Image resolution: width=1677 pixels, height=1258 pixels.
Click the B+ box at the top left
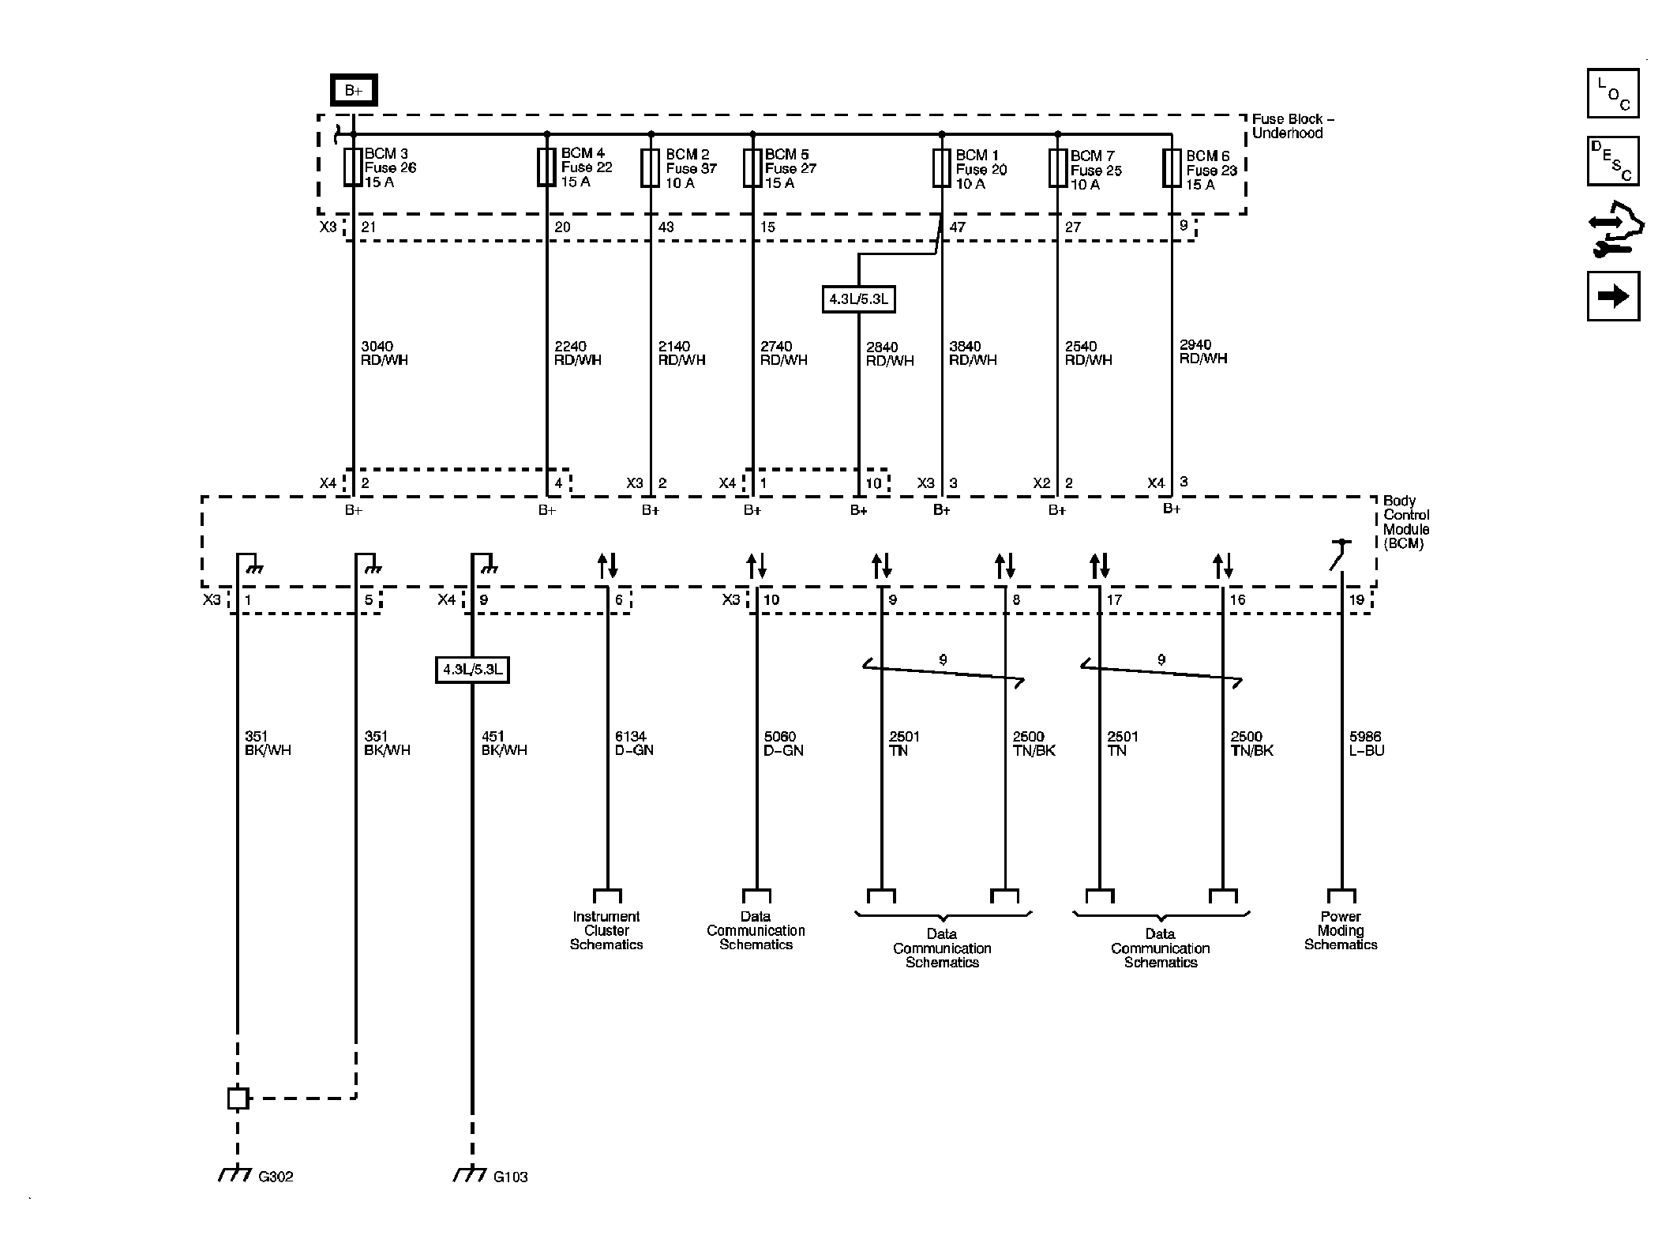click(x=353, y=90)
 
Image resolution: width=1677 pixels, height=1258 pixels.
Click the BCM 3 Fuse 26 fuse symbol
click(x=353, y=167)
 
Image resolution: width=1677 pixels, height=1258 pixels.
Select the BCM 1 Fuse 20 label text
click(x=981, y=169)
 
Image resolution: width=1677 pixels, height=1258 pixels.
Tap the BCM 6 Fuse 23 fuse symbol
click(x=1171, y=168)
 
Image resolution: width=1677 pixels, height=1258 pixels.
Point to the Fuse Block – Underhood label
click(x=1292, y=126)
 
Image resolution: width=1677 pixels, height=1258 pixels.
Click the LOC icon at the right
click(x=1612, y=93)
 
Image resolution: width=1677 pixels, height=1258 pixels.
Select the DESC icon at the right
click(x=1612, y=161)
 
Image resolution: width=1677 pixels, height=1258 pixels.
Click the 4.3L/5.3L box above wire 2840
click(x=858, y=299)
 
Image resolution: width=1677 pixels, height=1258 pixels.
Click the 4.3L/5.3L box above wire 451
click(x=472, y=670)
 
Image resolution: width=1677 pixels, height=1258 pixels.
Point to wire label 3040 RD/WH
click(x=384, y=353)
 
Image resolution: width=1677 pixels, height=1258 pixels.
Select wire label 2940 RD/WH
click(x=1202, y=351)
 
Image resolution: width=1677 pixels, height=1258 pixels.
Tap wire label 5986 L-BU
click(x=1366, y=744)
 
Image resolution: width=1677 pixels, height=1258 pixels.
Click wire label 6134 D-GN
click(x=633, y=744)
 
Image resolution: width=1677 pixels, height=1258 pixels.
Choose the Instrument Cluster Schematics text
click(x=606, y=930)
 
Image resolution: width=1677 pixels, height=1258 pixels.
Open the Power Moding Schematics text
click(x=1341, y=930)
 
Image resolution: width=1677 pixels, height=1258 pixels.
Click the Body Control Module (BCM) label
click(x=1405, y=522)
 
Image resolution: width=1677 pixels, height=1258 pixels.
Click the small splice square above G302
click(x=238, y=1098)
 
